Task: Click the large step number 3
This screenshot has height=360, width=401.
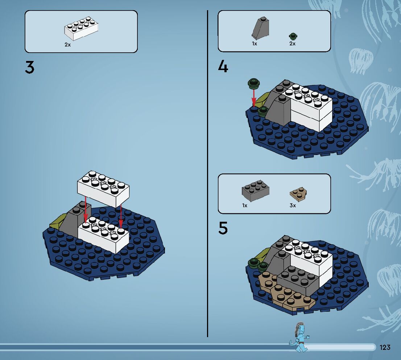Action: click(x=30, y=67)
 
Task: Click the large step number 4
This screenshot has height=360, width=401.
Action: click(x=223, y=67)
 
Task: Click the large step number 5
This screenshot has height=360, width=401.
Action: click(x=223, y=228)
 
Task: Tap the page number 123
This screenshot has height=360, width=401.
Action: click(x=385, y=347)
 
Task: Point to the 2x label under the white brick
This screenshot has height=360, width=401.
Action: click(x=67, y=45)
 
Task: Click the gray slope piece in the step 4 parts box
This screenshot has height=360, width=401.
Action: click(x=260, y=28)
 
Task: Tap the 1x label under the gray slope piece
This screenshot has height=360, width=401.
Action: click(x=255, y=44)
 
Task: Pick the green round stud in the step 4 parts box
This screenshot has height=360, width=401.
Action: click(x=294, y=36)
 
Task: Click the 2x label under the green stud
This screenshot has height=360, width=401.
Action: click(x=292, y=44)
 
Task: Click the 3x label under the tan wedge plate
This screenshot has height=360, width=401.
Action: click(x=293, y=205)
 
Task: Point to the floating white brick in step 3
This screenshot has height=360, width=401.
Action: click(x=103, y=188)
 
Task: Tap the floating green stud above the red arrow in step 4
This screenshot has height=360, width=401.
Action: click(x=254, y=83)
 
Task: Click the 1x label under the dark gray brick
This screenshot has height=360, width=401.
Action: click(x=245, y=205)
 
